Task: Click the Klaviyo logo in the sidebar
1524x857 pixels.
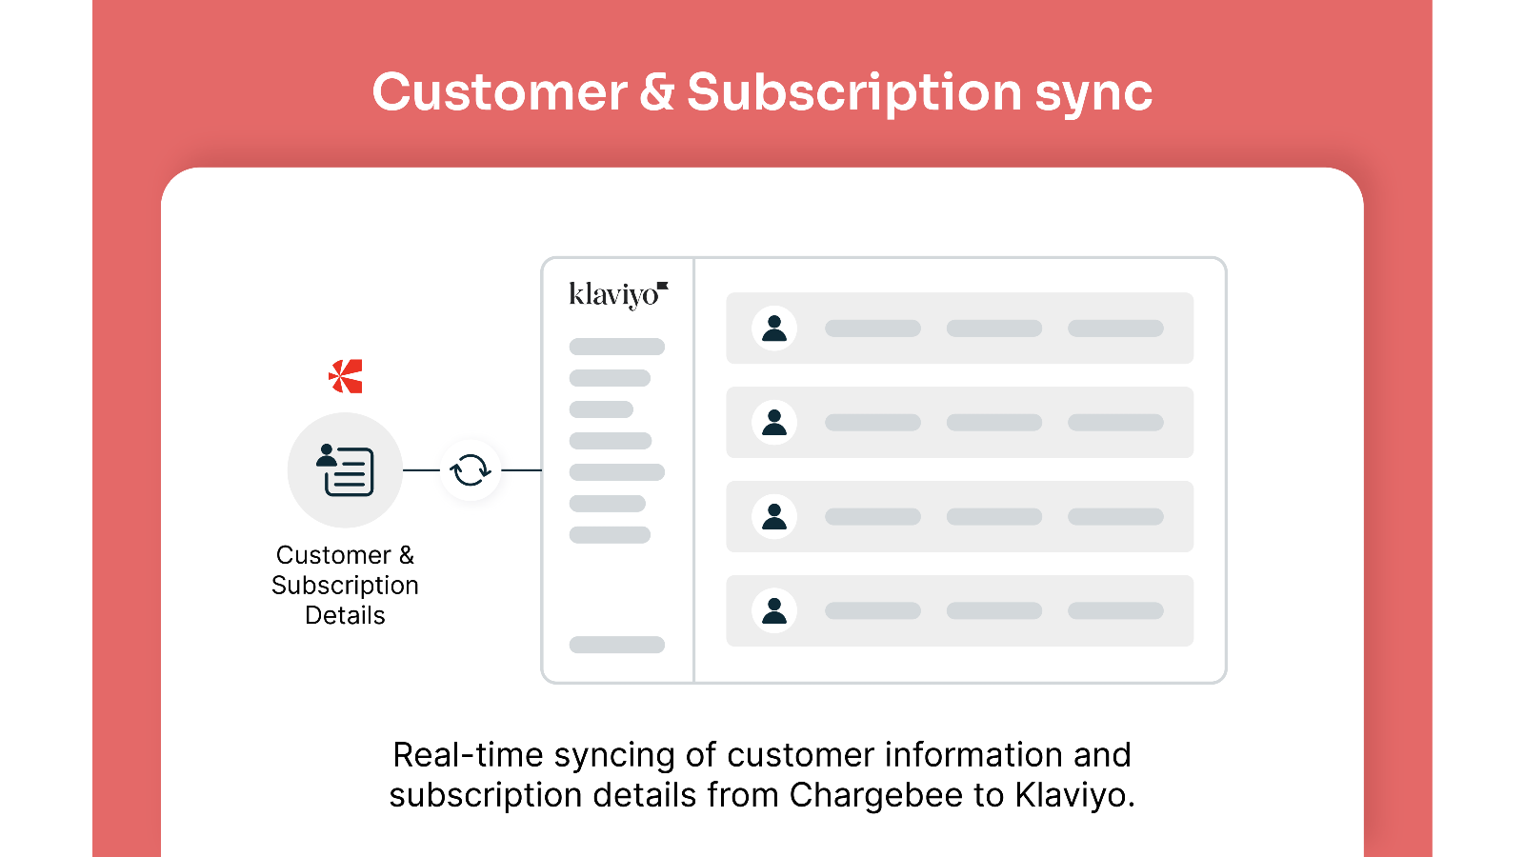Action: tap(618, 295)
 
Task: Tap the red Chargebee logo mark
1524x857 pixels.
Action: tap(346, 376)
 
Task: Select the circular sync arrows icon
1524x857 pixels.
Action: tap(471, 470)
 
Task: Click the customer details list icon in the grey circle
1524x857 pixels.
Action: tap(345, 470)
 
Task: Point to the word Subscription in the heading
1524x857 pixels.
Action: tap(853, 93)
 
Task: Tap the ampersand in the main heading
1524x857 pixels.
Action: tap(656, 91)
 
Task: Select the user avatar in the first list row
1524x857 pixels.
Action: tap(774, 328)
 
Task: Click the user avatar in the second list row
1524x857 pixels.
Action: tap(774, 423)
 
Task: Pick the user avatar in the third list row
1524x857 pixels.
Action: tap(774, 516)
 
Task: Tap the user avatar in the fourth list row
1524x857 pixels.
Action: tap(774, 610)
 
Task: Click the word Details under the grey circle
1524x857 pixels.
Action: tap(345, 615)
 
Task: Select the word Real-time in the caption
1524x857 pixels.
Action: tap(468, 755)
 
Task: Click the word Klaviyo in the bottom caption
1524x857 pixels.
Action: tap(1075, 795)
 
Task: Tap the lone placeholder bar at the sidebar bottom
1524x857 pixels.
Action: tap(617, 645)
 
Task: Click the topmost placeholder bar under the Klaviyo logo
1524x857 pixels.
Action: tap(617, 347)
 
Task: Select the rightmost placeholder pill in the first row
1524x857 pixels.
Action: tap(1115, 329)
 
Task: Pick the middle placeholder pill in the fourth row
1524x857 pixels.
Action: tap(994, 610)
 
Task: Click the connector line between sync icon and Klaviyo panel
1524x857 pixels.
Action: tap(521, 470)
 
